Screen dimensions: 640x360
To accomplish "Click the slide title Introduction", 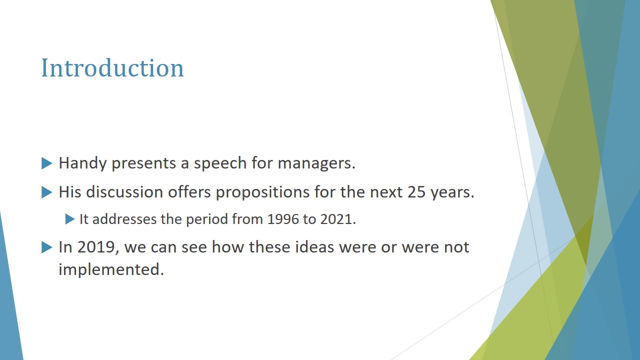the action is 112,68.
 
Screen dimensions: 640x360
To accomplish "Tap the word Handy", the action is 82,163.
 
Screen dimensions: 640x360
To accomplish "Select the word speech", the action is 220,163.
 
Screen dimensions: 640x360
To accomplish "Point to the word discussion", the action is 124,191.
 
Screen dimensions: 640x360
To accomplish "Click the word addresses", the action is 124,219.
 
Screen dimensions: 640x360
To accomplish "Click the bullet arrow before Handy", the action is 47,163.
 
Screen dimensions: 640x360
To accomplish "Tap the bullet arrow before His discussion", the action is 47,192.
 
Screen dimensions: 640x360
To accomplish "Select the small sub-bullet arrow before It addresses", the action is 69,219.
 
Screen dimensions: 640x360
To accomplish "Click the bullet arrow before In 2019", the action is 47,247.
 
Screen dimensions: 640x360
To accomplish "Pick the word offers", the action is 189,191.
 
